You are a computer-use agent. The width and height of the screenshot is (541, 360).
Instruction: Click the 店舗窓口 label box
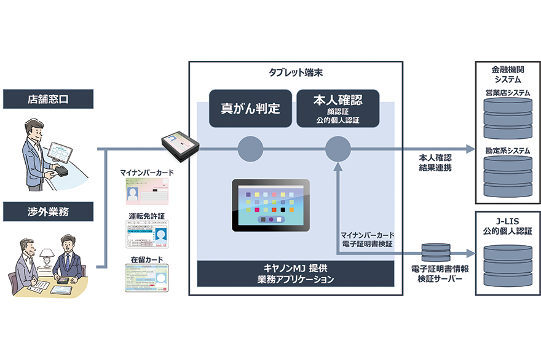tap(47, 98)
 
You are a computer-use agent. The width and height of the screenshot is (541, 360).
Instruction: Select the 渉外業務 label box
tap(47, 212)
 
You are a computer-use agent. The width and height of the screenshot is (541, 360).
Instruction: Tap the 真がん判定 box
tap(250, 109)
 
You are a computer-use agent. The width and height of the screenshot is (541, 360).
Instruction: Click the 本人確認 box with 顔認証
tap(338, 109)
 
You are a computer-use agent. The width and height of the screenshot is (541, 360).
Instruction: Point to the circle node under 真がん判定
tap(250, 149)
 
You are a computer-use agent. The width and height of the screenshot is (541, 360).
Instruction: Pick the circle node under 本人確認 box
tap(338, 149)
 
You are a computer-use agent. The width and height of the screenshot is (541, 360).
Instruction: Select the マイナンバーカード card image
tap(146, 191)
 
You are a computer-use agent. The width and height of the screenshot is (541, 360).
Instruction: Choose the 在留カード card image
tap(146, 277)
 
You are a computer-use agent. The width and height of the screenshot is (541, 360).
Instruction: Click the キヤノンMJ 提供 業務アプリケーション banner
tap(295, 274)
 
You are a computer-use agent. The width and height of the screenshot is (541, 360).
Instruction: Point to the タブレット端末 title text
tap(295, 72)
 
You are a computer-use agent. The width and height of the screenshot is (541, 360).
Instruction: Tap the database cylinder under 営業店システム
tap(507, 119)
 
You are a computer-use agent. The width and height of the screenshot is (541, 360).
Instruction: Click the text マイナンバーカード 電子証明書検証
tap(368, 240)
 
